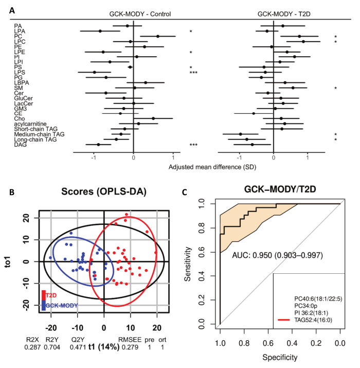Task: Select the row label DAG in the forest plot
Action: [x=20, y=145]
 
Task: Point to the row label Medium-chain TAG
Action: [x=39, y=134]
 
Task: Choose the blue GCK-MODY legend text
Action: [x=63, y=305]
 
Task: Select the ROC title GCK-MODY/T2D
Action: [x=280, y=190]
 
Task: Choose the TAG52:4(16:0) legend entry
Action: [x=315, y=320]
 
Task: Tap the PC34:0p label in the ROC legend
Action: [x=307, y=305]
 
